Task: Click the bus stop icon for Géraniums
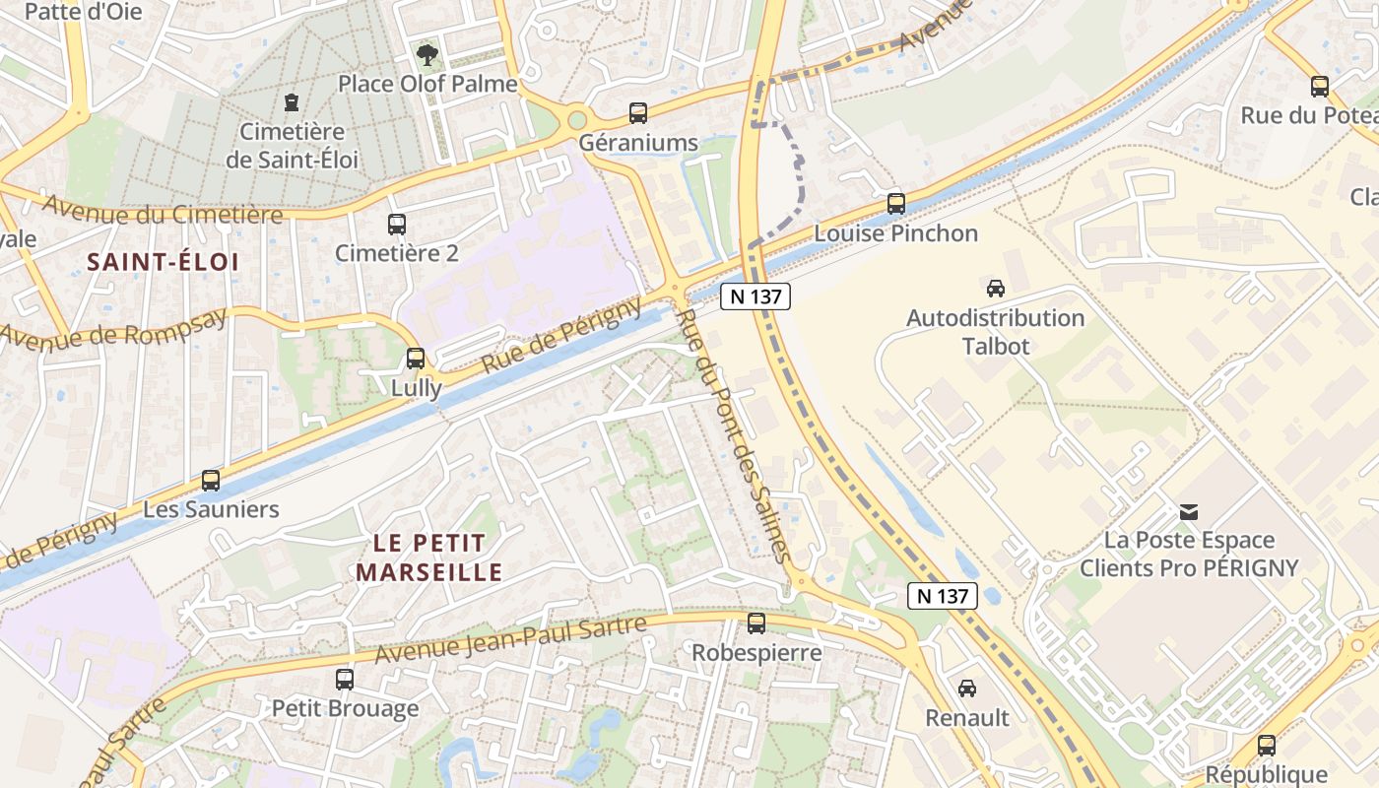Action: (638, 113)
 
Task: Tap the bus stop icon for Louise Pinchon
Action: (895, 204)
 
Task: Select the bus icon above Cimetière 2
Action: (396, 225)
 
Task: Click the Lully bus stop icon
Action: (416, 358)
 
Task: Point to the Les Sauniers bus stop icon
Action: (211, 481)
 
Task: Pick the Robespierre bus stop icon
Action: (755, 624)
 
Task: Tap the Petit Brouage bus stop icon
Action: (345, 679)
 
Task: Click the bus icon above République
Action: (1267, 746)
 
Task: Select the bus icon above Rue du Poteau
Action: (1320, 87)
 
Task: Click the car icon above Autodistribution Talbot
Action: (995, 289)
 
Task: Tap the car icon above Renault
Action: (967, 689)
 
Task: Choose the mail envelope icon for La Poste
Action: (1189, 511)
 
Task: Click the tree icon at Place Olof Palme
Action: (427, 55)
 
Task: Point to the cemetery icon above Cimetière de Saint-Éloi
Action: (292, 101)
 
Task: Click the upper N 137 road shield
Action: (755, 296)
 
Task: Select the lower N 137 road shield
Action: (943, 595)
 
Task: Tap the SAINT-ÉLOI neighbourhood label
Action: (163, 262)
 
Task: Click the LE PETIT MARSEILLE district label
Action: (429, 558)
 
